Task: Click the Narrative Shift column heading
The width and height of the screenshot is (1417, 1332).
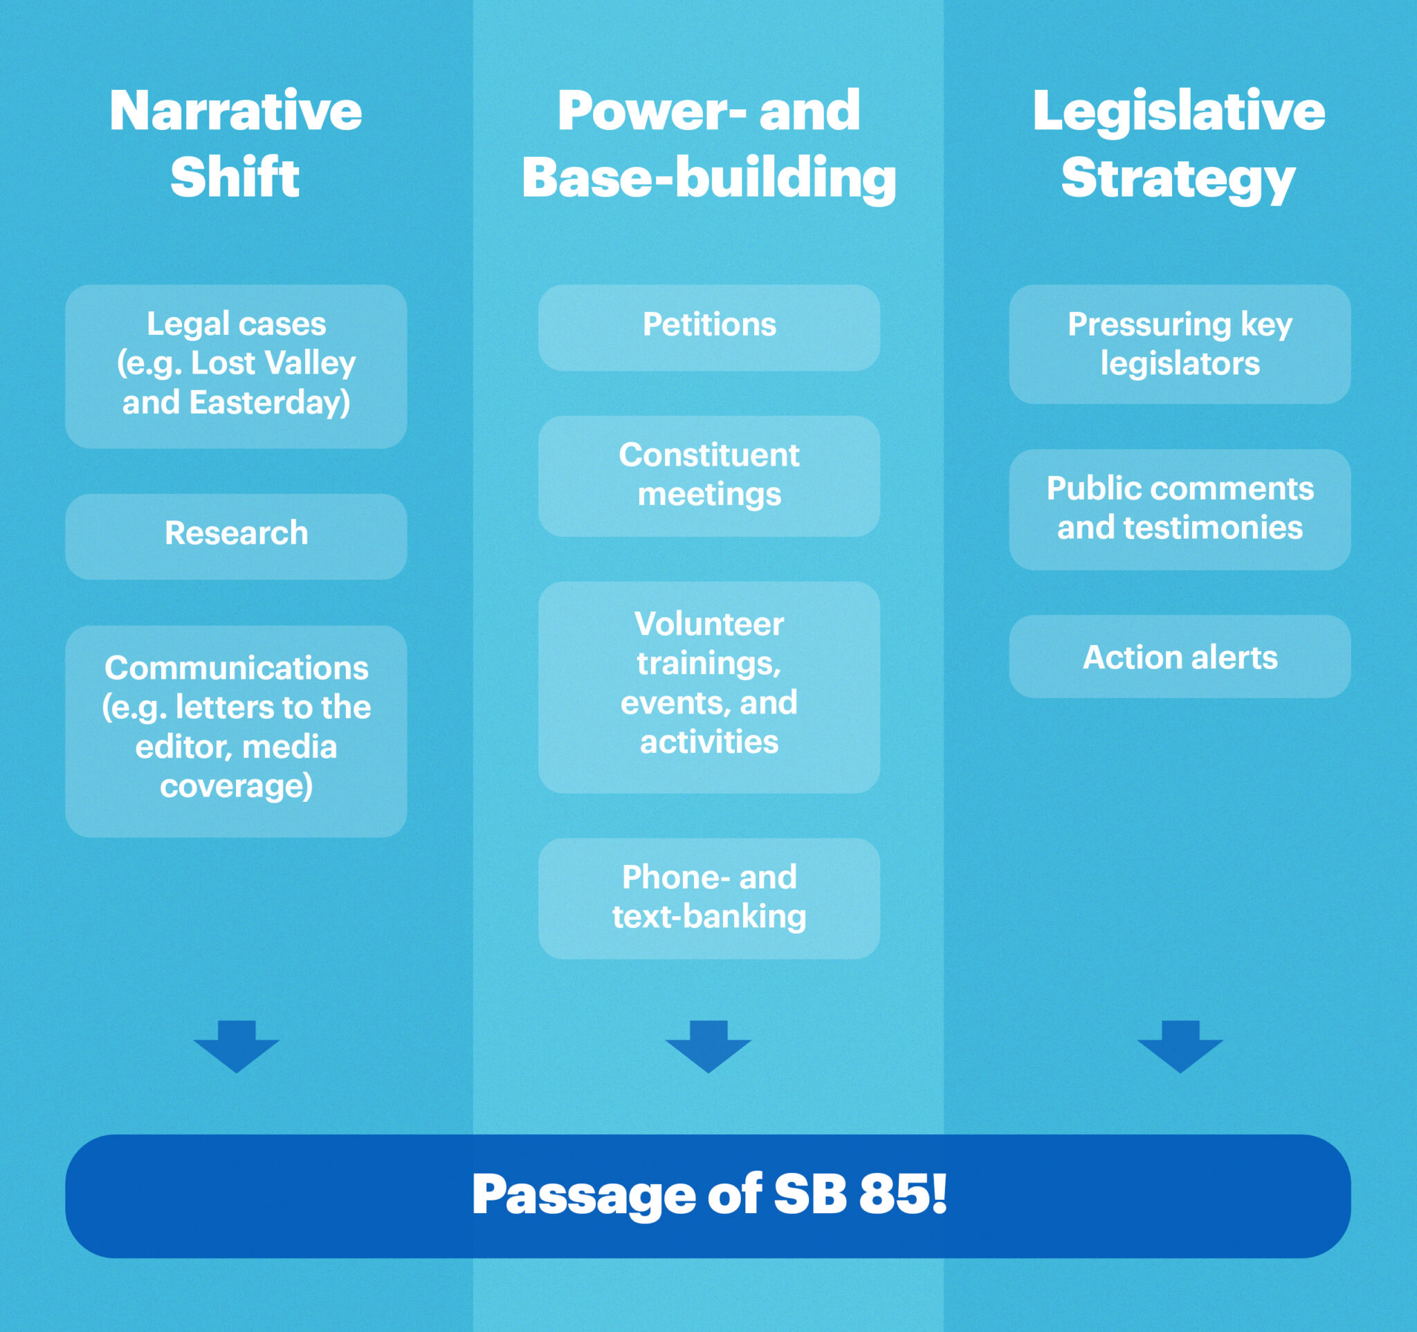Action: pyautogui.click(x=236, y=144)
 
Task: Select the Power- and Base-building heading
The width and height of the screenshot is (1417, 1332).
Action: pyautogui.click(x=708, y=144)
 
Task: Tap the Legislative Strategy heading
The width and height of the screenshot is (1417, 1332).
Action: pyautogui.click(x=1179, y=144)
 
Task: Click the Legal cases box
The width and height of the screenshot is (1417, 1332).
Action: pyautogui.click(x=236, y=365)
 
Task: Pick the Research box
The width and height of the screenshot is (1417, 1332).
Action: pyautogui.click(x=236, y=536)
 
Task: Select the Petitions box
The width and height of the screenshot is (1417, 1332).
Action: pyautogui.click(x=708, y=327)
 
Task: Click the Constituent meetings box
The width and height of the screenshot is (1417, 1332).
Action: pyautogui.click(x=708, y=475)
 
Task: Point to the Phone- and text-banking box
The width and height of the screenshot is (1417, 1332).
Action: pyautogui.click(x=708, y=897)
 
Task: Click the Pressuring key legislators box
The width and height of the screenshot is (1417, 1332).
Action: pyautogui.click(x=1179, y=343)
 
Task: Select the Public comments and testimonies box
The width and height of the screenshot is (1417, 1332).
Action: pyautogui.click(x=1179, y=508)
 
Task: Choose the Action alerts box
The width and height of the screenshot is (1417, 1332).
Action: pyautogui.click(x=1179, y=657)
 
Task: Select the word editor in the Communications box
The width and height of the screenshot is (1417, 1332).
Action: pyautogui.click(x=183, y=747)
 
